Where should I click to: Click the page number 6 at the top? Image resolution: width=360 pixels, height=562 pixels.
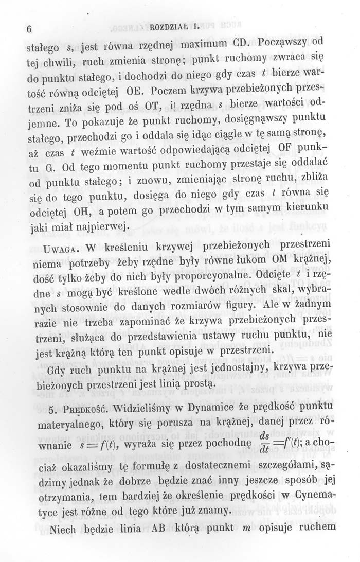coord(30,30)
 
